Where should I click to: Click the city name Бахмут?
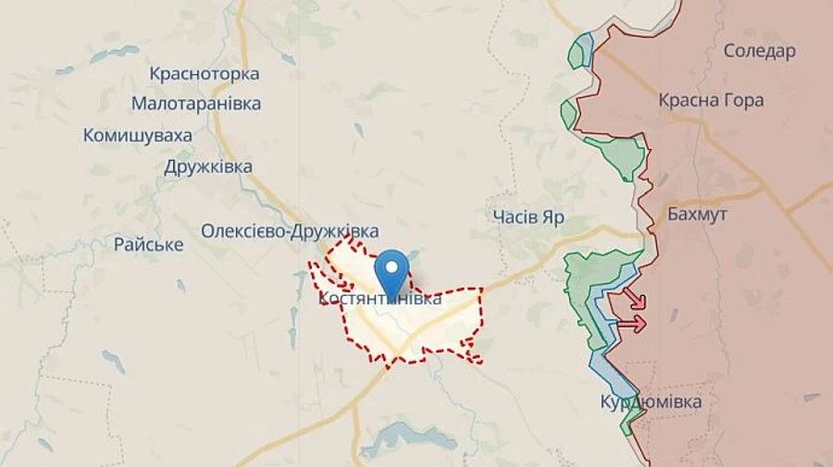[x=697, y=215]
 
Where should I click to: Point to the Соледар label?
[x=759, y=51]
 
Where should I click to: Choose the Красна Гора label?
[x=711, y=100]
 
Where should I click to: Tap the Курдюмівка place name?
[x=651, y=402]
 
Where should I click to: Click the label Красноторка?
[x=204, y=74]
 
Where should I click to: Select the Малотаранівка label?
[x=196, y=104]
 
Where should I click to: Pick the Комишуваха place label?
[x=138, y=136]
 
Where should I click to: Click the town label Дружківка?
[x=208, y=167]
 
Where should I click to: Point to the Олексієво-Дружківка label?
[x=290, y=231]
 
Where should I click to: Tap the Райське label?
[x=148, y=245]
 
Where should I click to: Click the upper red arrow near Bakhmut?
[x=634, y=299]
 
